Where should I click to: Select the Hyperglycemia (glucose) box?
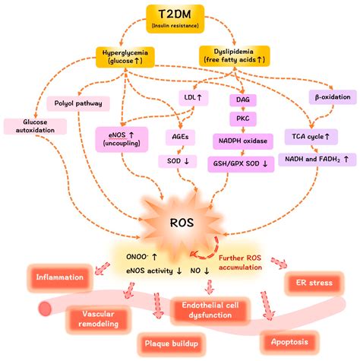[x=125, y=57]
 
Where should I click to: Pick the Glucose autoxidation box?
[x=27, y=128]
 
